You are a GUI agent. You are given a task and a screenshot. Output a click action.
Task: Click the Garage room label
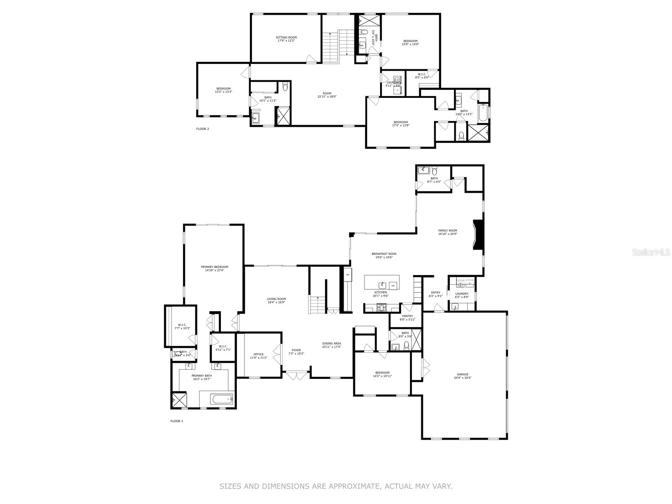[462, 374]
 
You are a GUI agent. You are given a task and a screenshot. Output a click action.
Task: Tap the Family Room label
[447, 231]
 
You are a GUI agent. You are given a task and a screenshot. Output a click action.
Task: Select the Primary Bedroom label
[214, 267]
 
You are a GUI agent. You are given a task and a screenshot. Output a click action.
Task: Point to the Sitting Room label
[286, 37]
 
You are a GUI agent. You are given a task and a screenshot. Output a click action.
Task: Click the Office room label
[258, 354]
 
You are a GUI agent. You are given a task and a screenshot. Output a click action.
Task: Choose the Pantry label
[407, 316]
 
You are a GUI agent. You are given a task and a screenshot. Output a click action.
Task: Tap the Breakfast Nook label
[384, 254]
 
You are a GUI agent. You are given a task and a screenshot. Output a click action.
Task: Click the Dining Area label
[331, 343]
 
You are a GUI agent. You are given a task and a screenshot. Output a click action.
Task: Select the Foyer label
[297, 350]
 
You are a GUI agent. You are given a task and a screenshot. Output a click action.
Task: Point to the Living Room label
[276, 299]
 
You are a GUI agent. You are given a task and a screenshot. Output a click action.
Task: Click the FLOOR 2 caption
[202, 129]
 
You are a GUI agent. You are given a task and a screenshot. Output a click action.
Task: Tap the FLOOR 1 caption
[177, 421]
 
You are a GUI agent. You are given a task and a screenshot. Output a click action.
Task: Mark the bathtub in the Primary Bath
[221, 399]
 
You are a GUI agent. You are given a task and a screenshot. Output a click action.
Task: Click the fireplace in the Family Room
[478, 235]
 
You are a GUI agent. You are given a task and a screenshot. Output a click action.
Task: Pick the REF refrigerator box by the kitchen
[347, 275]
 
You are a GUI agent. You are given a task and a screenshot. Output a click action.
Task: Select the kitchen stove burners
[382, 307]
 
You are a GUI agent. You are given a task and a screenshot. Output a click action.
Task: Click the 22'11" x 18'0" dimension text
[327, 97]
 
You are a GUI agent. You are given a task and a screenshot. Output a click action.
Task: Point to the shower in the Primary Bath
[179, 399]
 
